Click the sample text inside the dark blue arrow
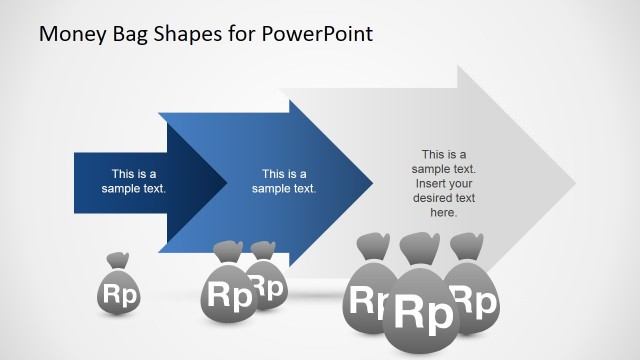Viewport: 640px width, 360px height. [x=134, y=180]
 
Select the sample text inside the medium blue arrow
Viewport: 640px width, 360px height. [x=284, y=180]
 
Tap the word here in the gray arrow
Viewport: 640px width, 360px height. [x=443, y=212]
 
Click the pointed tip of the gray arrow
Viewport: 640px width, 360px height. [x=575, y=183]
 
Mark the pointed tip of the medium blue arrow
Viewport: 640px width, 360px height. [x=371, y=183]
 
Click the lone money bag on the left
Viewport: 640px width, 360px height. [x=118, y=290]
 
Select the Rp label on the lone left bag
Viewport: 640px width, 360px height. [x=118, y=295]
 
